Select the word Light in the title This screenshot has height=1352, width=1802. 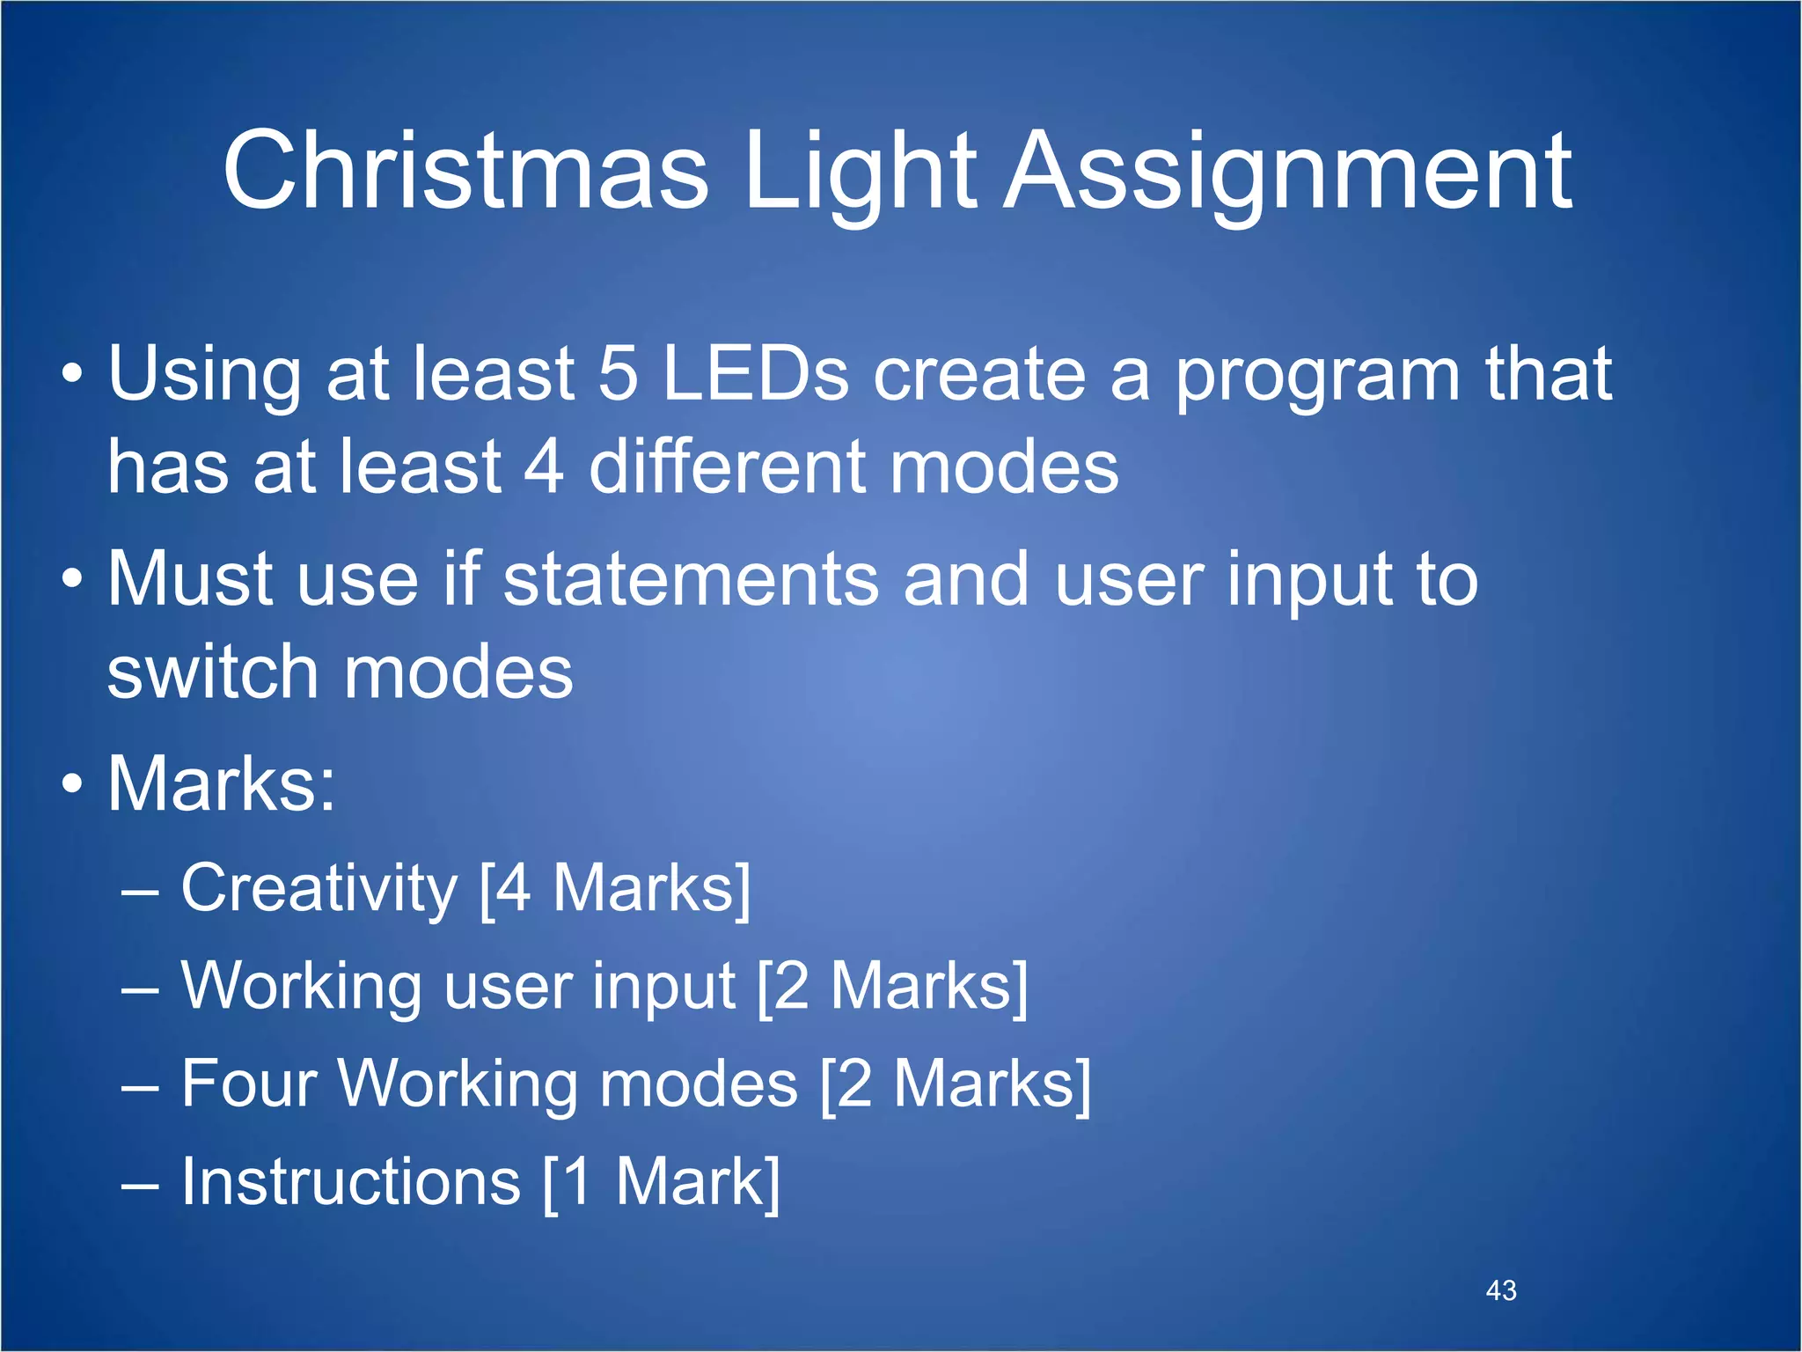coord(859,172)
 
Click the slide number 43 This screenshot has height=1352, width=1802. coord(1501,1290)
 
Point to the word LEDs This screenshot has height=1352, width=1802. coord(755,373)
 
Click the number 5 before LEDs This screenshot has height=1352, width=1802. coord(617,373)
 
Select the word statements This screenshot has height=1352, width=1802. coord(691,579)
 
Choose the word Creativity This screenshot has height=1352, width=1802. coord(319,889)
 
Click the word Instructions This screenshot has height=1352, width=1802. coord(350,1181)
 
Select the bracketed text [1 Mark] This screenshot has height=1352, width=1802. coord(661,1181)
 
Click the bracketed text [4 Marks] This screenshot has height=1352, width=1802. coord(615,889)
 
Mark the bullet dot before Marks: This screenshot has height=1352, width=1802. coord(73,783)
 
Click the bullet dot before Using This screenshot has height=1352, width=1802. coord(73,373)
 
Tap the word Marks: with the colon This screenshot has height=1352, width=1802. coord(221,783)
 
